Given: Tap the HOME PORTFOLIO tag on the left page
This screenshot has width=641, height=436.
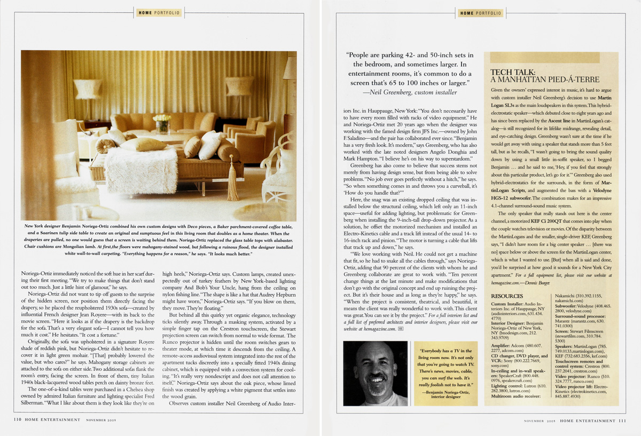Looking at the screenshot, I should (159, 13).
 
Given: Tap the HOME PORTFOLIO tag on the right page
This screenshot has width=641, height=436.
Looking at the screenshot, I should (480, 13).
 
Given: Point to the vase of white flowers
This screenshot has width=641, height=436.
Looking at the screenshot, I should (161, 124).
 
